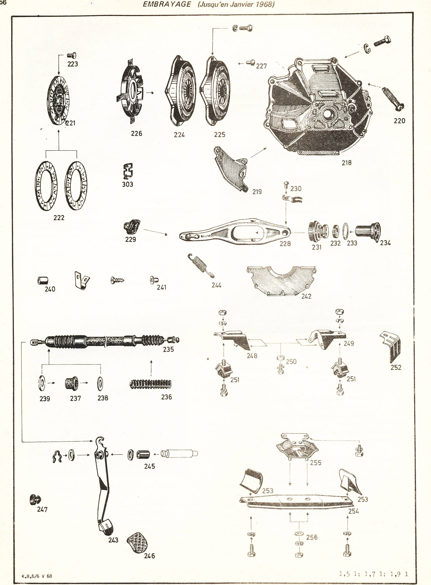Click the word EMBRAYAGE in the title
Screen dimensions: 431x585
coord(167,4)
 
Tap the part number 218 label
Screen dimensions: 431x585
coord(346,163)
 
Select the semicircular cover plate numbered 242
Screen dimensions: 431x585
coord(281,280)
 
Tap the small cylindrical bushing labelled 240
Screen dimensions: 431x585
coord(43,281)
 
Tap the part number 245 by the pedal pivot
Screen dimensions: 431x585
coord(149,466)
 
